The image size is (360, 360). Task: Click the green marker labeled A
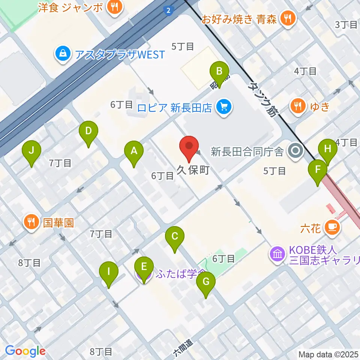[133, 151]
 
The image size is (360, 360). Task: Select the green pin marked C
[174, 237]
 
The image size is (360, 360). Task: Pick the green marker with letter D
[88, 132]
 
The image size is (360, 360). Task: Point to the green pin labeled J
[31, 151]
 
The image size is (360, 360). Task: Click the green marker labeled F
[318, 169]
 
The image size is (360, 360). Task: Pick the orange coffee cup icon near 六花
[332, 227]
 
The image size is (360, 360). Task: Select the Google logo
[25, 351]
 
